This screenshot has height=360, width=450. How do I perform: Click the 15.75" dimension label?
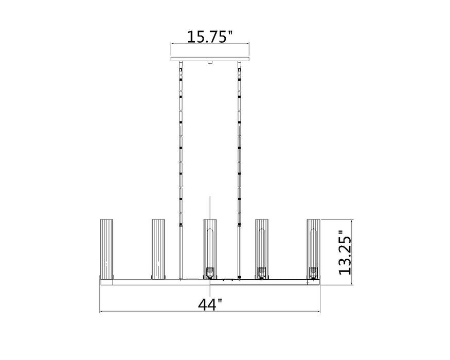[x=209, y=37]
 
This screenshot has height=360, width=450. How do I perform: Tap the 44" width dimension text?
[x=210, y=304]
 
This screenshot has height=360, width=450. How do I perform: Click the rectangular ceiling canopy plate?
[x=210, y=58]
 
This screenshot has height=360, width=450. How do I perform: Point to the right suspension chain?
[x=240, y=144]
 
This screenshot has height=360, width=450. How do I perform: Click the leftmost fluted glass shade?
[x=105, y=249]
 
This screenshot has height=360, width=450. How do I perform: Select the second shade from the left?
[x=157, y=249]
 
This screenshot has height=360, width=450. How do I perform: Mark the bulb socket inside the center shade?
[x=209, y=272]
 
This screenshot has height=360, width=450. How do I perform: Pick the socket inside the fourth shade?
[x=261, y=272]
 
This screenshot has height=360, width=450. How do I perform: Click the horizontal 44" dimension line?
[x=154, y=312]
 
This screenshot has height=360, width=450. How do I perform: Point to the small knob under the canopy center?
[x=210, y=63]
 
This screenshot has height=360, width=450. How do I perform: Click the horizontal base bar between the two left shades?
[x=132, y=280]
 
